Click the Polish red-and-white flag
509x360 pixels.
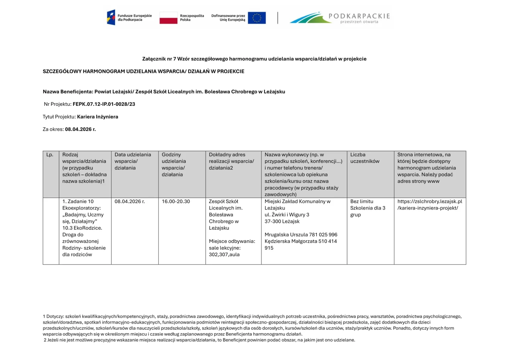(168, 18)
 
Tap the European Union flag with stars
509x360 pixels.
(256, 18)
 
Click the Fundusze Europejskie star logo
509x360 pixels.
(111, 18)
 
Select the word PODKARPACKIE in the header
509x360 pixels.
(359, 16)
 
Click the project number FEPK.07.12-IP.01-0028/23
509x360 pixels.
(104, 104)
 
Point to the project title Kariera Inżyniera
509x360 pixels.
(97, 117)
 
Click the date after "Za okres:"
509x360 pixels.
(80, 129)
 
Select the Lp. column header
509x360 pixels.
(50, 155)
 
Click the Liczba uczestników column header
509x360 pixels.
(365, 158)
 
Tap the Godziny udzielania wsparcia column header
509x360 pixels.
(174, 164)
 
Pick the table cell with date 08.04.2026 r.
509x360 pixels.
(130, 202)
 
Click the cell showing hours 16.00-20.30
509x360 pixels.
(176, 202)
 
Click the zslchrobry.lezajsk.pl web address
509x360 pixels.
(429, 205)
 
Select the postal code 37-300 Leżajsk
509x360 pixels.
(282, 221)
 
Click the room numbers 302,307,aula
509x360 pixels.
(224, 255)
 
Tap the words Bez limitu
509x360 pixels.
(362, 202)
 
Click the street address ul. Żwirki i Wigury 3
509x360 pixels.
(287, 215)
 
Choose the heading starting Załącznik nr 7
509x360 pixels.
(254, 59)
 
